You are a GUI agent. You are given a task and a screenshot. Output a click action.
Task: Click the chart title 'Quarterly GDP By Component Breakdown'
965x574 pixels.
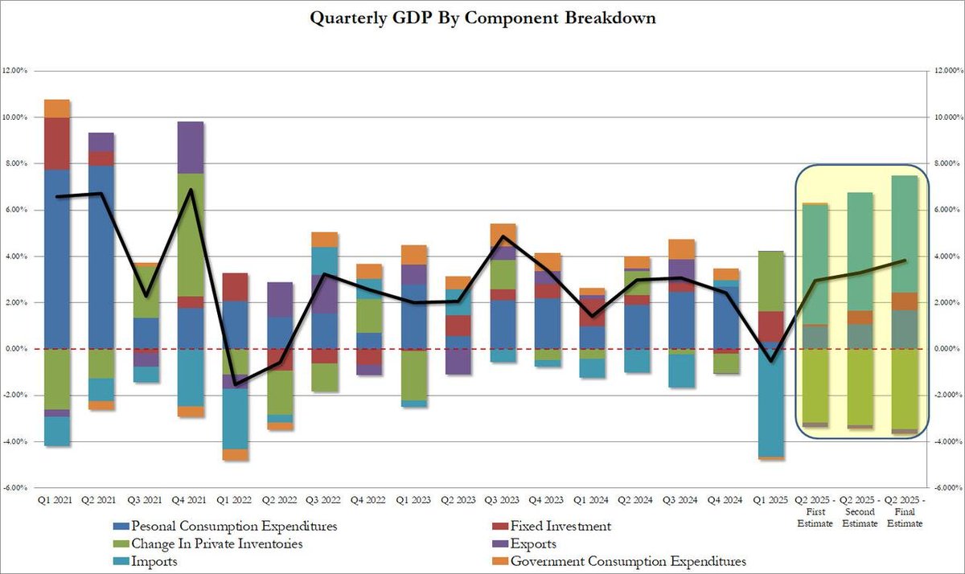482,18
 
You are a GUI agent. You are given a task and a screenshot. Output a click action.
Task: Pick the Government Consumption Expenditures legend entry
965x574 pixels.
628,562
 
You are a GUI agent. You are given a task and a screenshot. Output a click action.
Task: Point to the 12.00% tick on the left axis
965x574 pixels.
15,71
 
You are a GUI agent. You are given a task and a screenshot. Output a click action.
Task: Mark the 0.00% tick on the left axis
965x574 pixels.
17,349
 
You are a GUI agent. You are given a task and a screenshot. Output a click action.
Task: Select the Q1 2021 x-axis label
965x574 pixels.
57,500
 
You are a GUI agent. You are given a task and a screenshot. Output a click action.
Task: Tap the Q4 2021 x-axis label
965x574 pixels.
191,500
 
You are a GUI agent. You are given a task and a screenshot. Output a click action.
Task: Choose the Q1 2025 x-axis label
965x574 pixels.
772,500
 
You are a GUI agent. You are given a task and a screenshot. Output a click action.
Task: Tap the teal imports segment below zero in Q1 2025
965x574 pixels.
772,402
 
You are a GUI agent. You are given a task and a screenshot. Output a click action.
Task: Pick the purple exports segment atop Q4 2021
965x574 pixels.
191,147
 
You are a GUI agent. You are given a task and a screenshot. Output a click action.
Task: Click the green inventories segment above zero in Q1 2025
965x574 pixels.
772,281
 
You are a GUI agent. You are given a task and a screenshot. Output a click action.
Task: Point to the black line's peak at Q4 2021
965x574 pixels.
191,190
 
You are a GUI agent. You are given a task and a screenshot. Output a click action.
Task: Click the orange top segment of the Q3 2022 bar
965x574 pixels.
324,239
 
